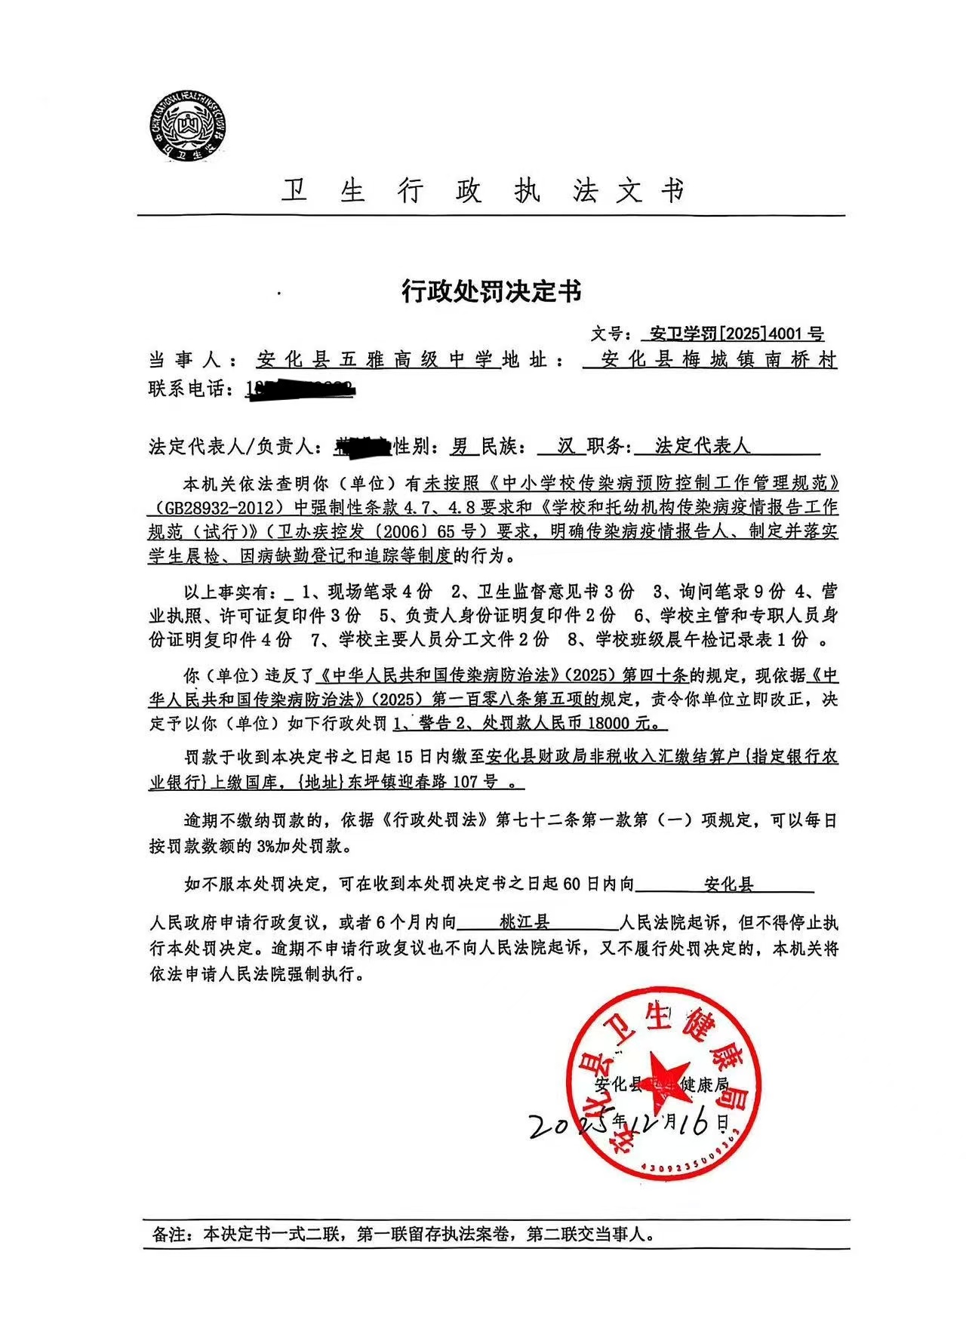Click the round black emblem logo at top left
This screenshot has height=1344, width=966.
tap(188, 125)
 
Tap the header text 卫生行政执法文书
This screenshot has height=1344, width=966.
tap(483, 192)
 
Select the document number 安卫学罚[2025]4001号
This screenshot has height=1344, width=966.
tap(731, 334)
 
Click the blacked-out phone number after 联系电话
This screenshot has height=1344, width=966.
tap(302, 389)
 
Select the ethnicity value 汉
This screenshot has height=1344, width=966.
tap(566, 446)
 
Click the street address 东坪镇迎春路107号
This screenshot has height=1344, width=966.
tap(423, 782)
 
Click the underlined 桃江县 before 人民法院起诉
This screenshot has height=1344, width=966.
tap(524, 922)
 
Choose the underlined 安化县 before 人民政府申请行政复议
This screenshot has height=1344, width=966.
tap(728, 884)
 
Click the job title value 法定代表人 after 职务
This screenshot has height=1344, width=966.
tap(702, 446)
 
